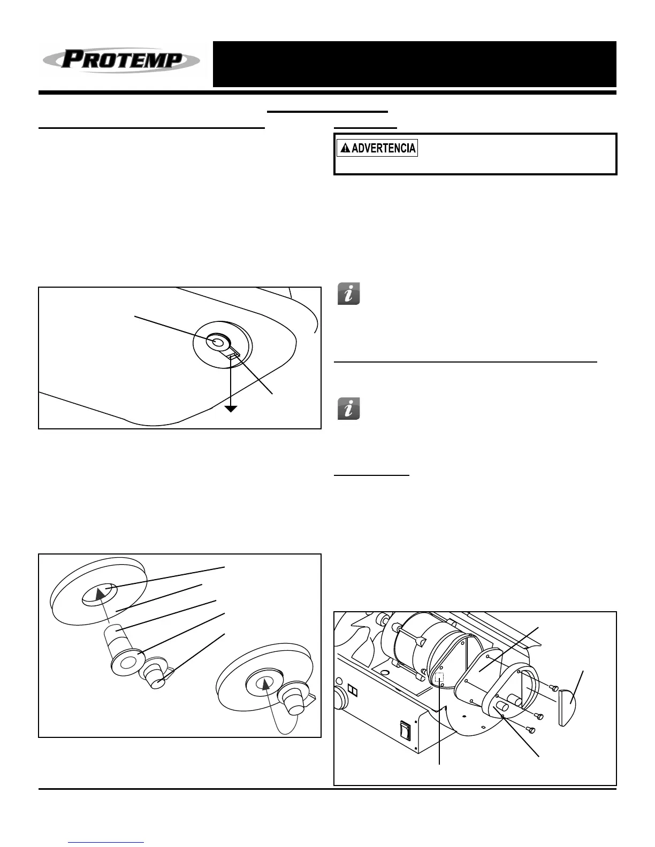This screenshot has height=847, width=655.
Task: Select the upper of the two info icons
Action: pyautogui.click(x=349, y=294)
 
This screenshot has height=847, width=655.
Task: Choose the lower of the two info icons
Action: pyautogui.click(x=349, y=409)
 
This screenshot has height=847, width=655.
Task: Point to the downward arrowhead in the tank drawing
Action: pyautogui.click(x=231, y=409)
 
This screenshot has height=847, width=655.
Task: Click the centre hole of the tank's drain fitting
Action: pyautogui.click(x=217, y=342)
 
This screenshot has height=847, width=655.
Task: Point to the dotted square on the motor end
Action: pyautogui.click(x=439, y=677)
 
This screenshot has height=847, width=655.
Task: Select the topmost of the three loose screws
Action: pyautogui.click(x=554, y=688)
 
